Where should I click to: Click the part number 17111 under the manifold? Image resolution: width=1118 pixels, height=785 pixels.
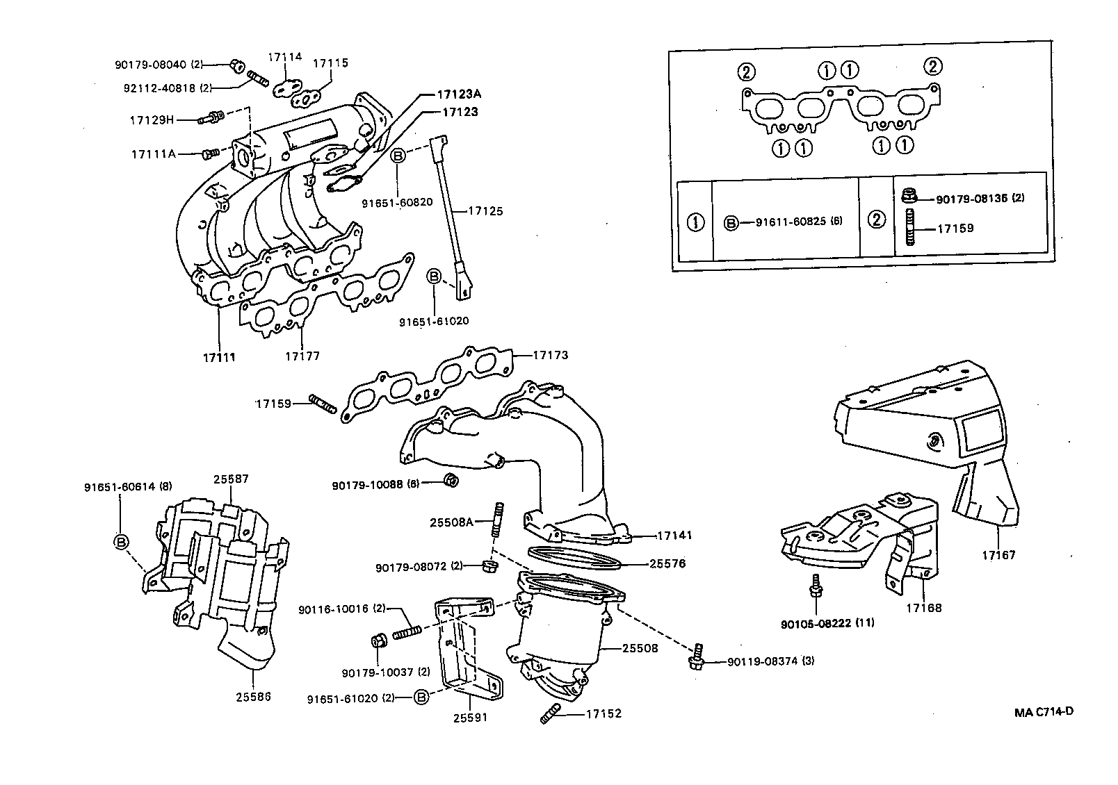[219, 357]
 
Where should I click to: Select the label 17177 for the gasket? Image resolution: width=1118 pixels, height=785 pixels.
[302, 356]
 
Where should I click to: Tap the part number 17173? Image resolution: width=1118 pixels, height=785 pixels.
[551, 355]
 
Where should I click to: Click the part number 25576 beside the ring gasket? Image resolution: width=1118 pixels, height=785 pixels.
[667, 563]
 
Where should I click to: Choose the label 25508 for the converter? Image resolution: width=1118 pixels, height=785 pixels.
[640, 647]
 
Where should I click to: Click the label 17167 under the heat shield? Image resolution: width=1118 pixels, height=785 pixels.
[998, 555]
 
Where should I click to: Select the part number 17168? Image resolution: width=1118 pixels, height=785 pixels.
[923, 608]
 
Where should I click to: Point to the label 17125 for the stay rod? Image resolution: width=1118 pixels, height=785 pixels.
[485, 210]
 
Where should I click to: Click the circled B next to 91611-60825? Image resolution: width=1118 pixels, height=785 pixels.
[731, 223]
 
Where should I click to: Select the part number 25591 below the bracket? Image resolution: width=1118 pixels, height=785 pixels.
[470, 718]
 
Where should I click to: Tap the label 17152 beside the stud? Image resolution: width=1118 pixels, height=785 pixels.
[603, 713]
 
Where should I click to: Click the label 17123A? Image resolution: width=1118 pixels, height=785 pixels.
[458, 94]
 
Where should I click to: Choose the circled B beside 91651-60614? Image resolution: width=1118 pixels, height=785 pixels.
[121, 541]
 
